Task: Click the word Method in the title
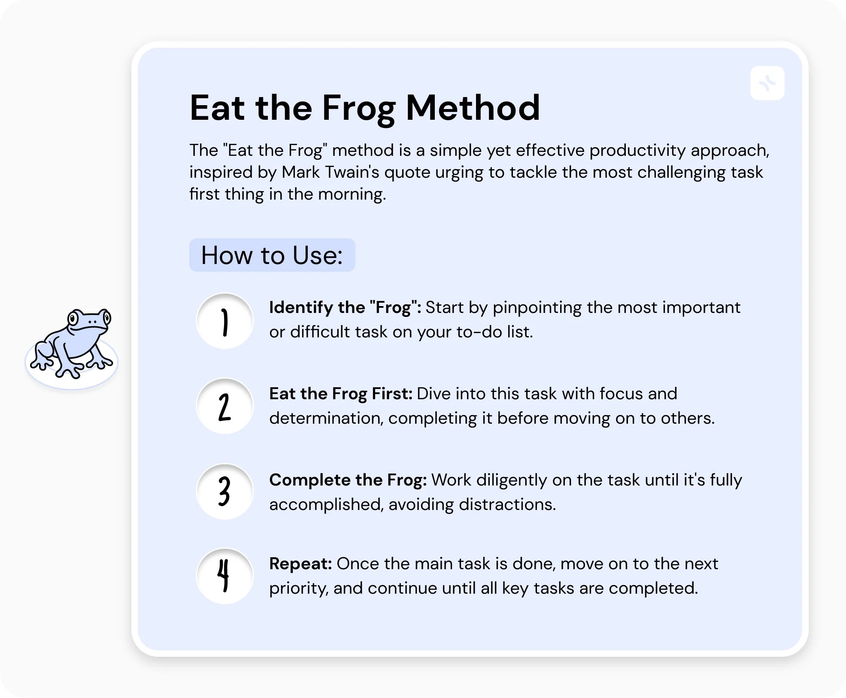pyautogui.click(x=473, y=108)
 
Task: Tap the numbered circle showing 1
pyautogui.click(x=224, y=321)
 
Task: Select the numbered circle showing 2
pyautogui.click(x=224, y=406)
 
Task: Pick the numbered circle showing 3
pyautogui.click(x=224, y=492)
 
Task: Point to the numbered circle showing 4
pyautogui.click(x=224, y=576)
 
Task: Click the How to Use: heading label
pyautogui.click(x=272, y=255)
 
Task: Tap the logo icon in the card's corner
pyautogui.click(x=767, y=83)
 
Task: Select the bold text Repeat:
pyautogui.click(x=300, y=564)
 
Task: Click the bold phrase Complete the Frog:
pyautogui.click(x=348, y=480)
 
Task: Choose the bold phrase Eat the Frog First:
pyautogui.click(x=340, y=394)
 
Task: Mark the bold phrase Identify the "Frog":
pyautogui.click(x=345, y=307)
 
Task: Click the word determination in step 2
pyautogui.click(x=326, y=418)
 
